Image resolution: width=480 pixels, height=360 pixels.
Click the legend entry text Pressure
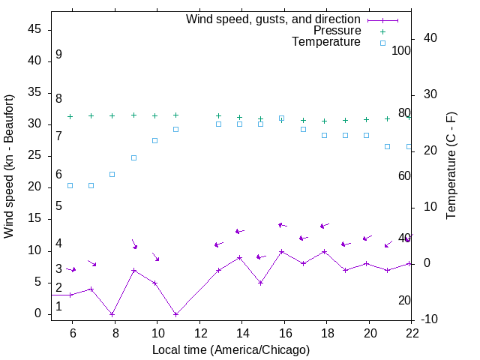pyautogui.click(x=337, y=31)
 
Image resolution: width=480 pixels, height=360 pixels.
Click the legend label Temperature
pyautogui.click(x=326, y=42)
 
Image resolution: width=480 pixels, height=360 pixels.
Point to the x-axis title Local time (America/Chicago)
pyautogui.click(x=231, y=349)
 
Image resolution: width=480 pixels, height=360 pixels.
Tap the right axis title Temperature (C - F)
pyautogui.click(x=451, y=166)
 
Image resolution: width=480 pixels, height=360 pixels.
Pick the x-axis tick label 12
pyautogui.click(x=200, y=332)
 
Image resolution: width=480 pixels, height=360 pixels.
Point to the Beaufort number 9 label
pyautogui.click(x=58, y=55)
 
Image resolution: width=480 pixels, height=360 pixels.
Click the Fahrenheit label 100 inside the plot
pyautogui.click(x=401, y=50)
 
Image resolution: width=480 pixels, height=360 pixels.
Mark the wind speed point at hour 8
pyautogui.click(x=112, y=314)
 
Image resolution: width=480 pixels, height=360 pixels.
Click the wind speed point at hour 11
pyautogui.click(x=175, y=314)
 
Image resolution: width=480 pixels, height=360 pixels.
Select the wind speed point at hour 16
pyautogui.click(x=282, y=252)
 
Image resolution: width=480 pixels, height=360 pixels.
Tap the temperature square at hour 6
pyautogui.click(x=70, y=185)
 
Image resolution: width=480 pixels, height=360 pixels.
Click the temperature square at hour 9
pyautogui.click(x=133, y=157)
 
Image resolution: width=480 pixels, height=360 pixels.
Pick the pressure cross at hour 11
pyautogui.click(x=175, y=115)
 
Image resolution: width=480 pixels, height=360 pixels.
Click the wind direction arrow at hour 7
pyautogui.click(x=91, y=262)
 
